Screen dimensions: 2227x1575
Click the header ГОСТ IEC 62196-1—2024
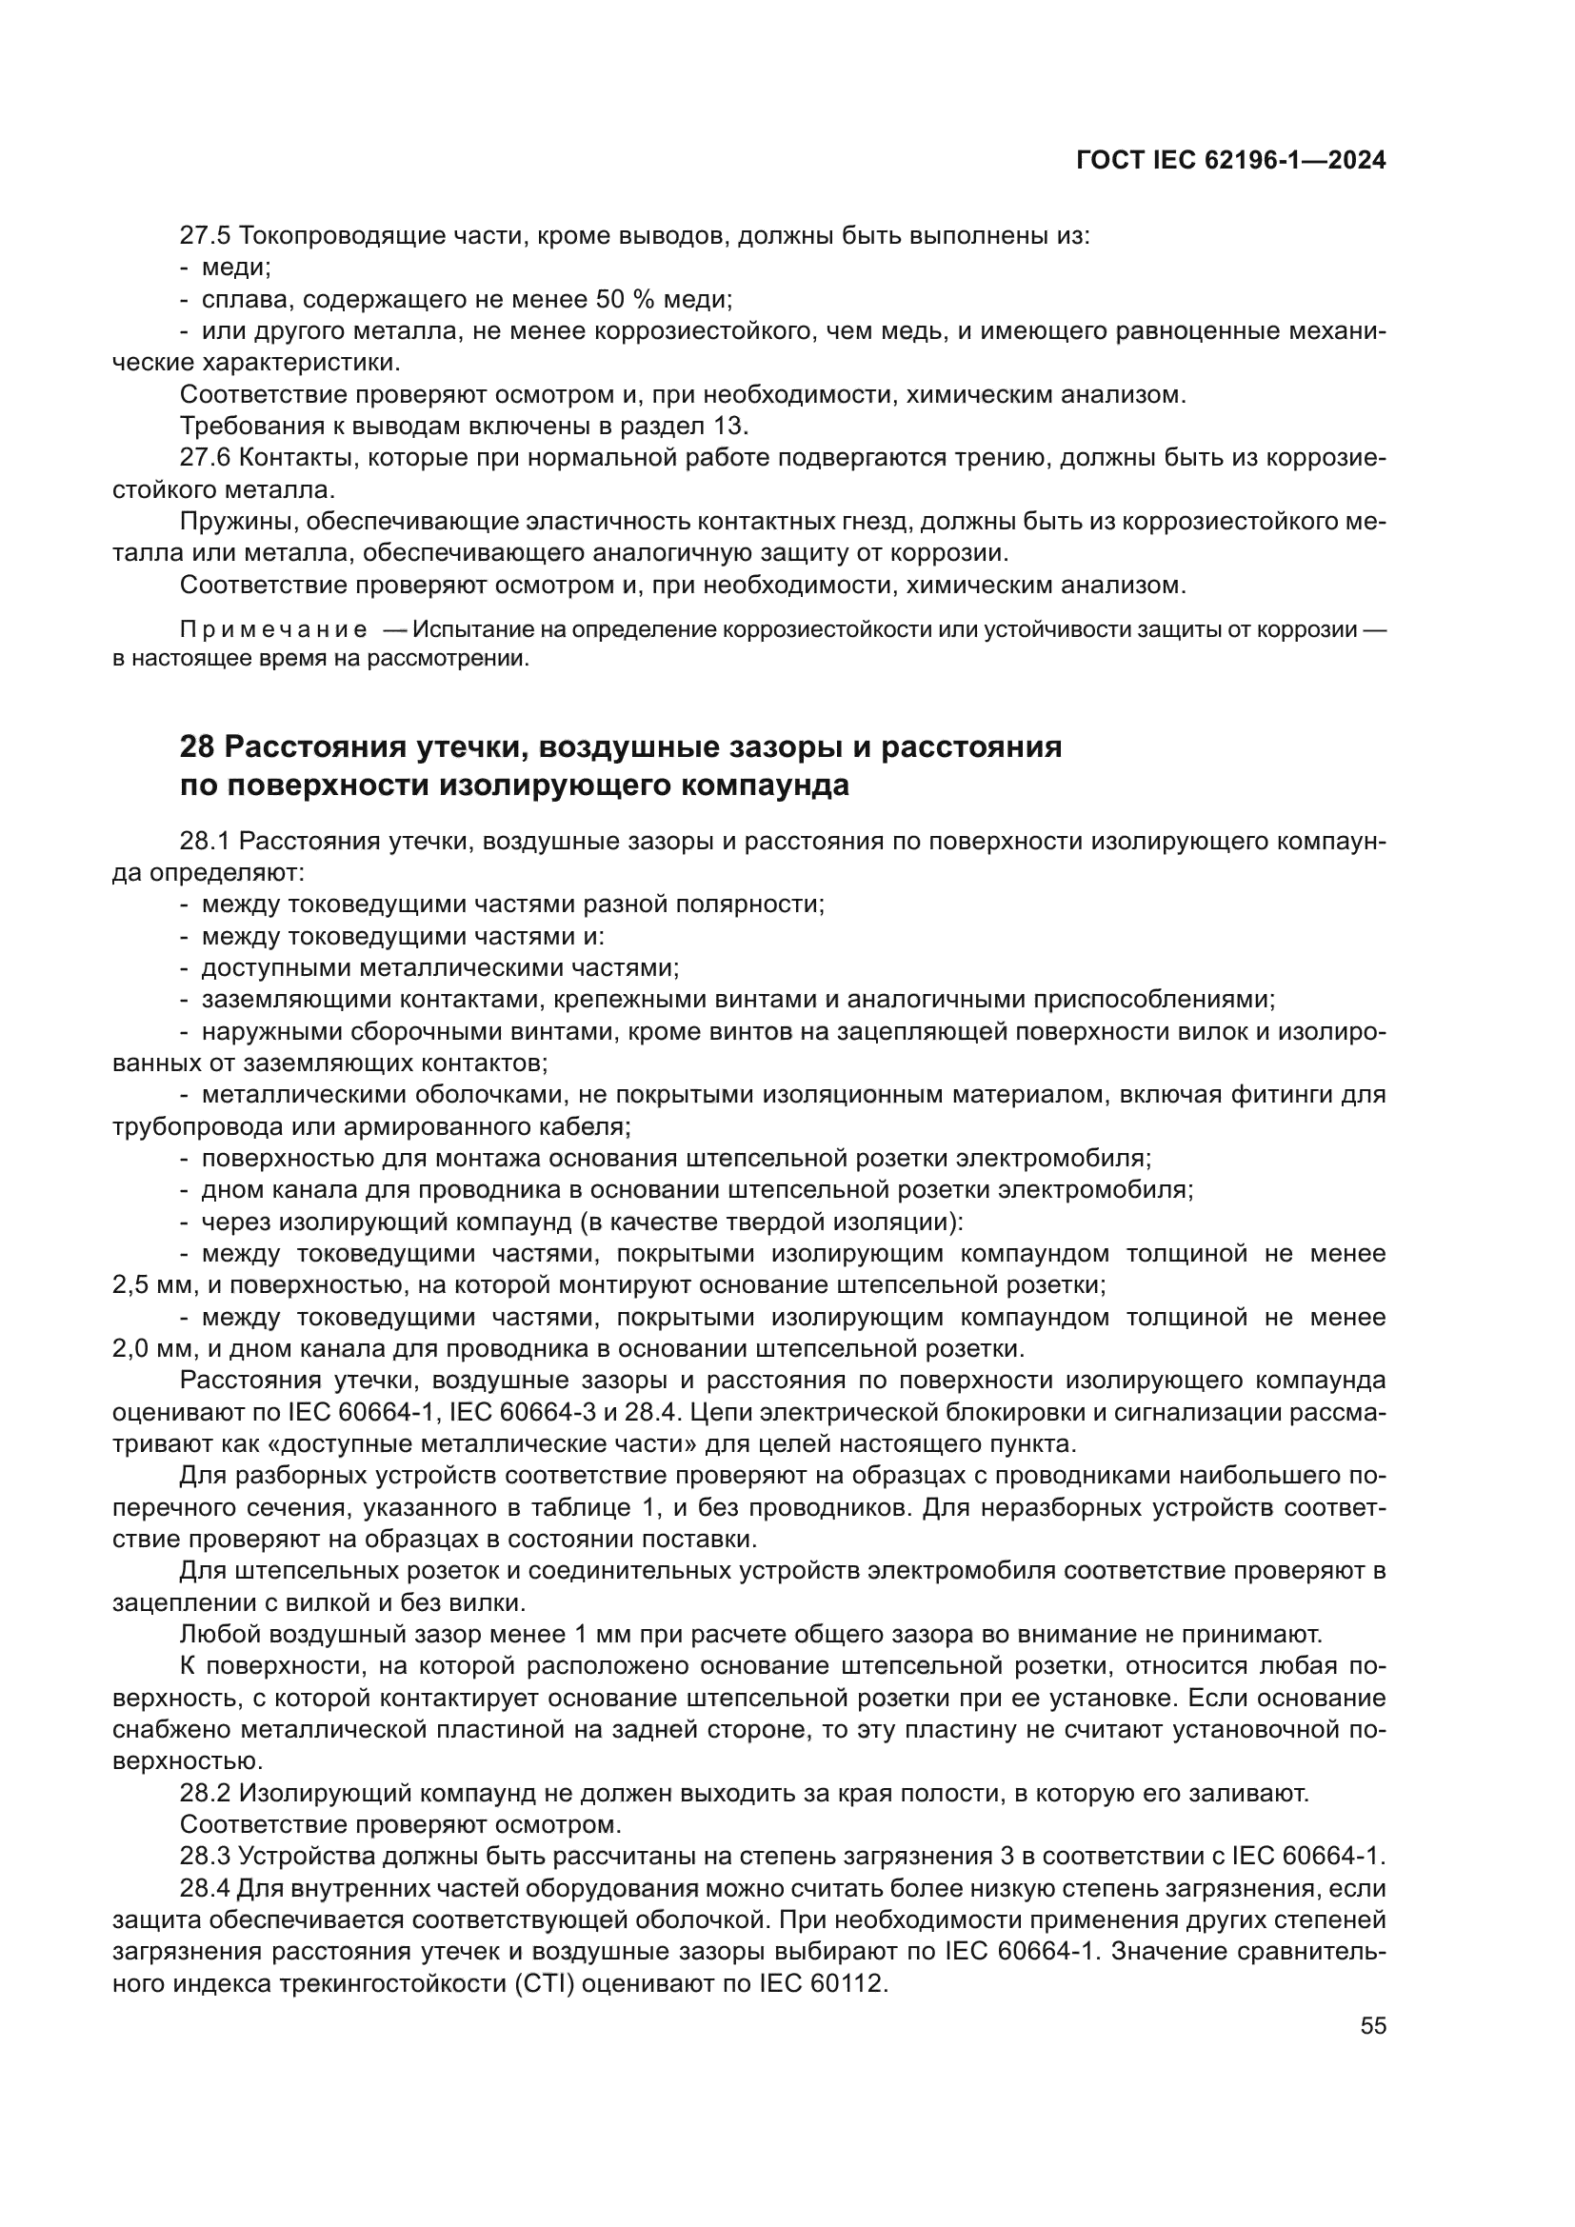[1229, 161]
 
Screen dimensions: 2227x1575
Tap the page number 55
[1372, 2026]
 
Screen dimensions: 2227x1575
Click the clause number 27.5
[206, 236]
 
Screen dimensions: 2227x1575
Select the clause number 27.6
[206, 458]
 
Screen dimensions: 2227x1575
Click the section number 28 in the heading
[197, 746]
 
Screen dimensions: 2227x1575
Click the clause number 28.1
[206, 841]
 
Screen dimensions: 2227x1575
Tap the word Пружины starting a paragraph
[238, 522]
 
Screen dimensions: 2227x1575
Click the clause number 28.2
[206, 1794]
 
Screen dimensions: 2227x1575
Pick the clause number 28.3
[206, 1857]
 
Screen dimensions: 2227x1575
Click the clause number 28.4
[206, 1888]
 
